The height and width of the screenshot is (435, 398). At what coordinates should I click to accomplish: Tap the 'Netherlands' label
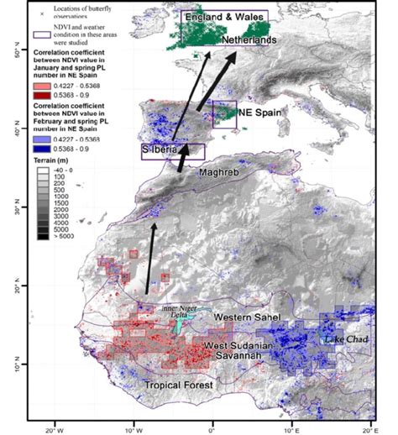click(249, 40)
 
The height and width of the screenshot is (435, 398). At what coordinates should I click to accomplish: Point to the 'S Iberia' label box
click(172, 151)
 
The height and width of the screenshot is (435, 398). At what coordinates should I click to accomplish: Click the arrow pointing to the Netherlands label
click(213, 84)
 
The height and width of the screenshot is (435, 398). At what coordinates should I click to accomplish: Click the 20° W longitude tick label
click(54, 426)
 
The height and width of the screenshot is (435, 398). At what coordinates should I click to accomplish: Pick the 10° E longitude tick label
click(291, 426)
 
